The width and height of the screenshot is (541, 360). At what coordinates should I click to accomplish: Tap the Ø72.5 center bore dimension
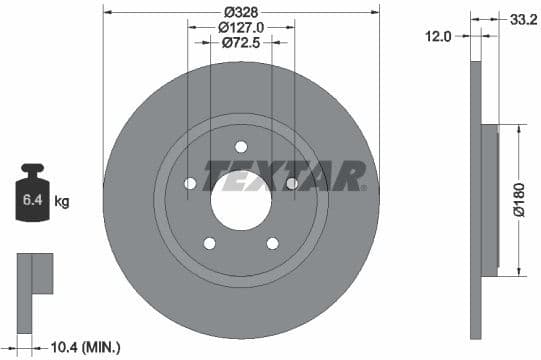tap(241, 44)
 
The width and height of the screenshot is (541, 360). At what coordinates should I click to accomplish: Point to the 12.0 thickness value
tap(439, 36)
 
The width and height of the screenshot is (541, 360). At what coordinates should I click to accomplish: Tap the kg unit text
tap(62, 202)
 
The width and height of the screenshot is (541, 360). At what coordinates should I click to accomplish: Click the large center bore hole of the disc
tap(241, 194)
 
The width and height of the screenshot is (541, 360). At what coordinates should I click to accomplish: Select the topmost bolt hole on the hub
tap(241, 147)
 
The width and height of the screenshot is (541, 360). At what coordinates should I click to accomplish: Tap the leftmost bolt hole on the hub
tap(191, 183)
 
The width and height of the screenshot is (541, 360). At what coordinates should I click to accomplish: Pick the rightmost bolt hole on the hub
tap(291, 183)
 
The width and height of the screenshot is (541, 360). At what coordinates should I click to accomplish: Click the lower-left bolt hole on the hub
tap(210, 242)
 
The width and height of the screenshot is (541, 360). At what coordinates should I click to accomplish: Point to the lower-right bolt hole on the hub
tap(272, 242)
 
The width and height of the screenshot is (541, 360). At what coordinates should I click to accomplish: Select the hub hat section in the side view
tap(489, 199)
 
